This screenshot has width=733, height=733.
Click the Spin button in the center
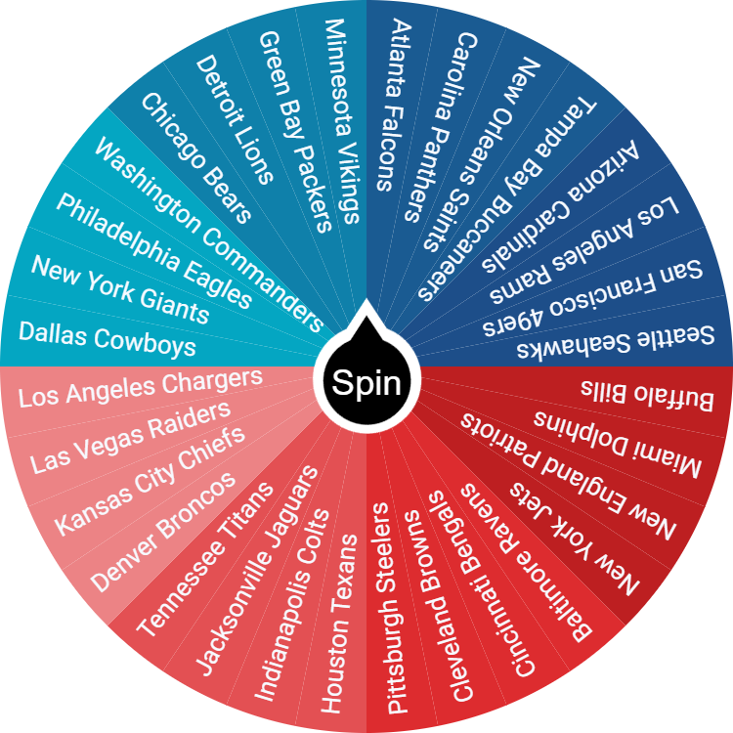click(x=366, y=382)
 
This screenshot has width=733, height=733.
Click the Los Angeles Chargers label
click(x=141, y=387)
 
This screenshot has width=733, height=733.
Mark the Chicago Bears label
click(x=196, y=156)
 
